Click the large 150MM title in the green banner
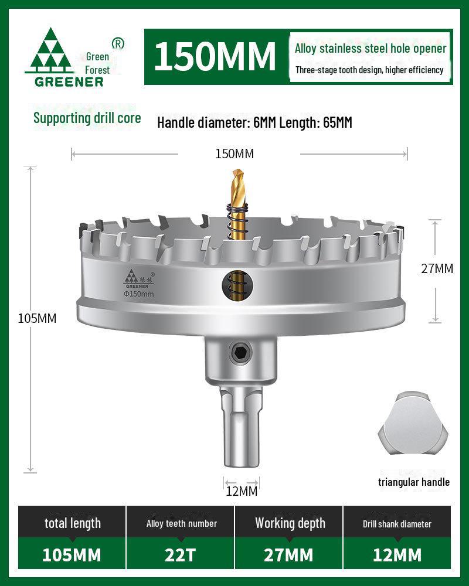click(x=215, y=56)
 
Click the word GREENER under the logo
click(x=69, y=81)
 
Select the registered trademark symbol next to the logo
click(x=117, y=43)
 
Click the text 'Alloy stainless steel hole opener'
click(x=371, y=49)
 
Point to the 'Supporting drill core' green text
click(x=87, y=118)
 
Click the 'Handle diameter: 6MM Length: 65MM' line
click(x=254, y=122)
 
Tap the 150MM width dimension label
click(x=235, y=154)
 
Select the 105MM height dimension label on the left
click(x=37, y=318)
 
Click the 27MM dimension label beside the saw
click(x=437, y=268)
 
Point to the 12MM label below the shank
click(x=242, y=491)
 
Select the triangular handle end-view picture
click(x=413, y=427)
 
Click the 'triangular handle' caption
click(x=414, y=482)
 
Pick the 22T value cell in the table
click(x=181, y=554)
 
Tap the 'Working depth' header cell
click(x=290, y=523)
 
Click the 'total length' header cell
click(x=73, y=523)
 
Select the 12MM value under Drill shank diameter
click(x=397, y=554)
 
